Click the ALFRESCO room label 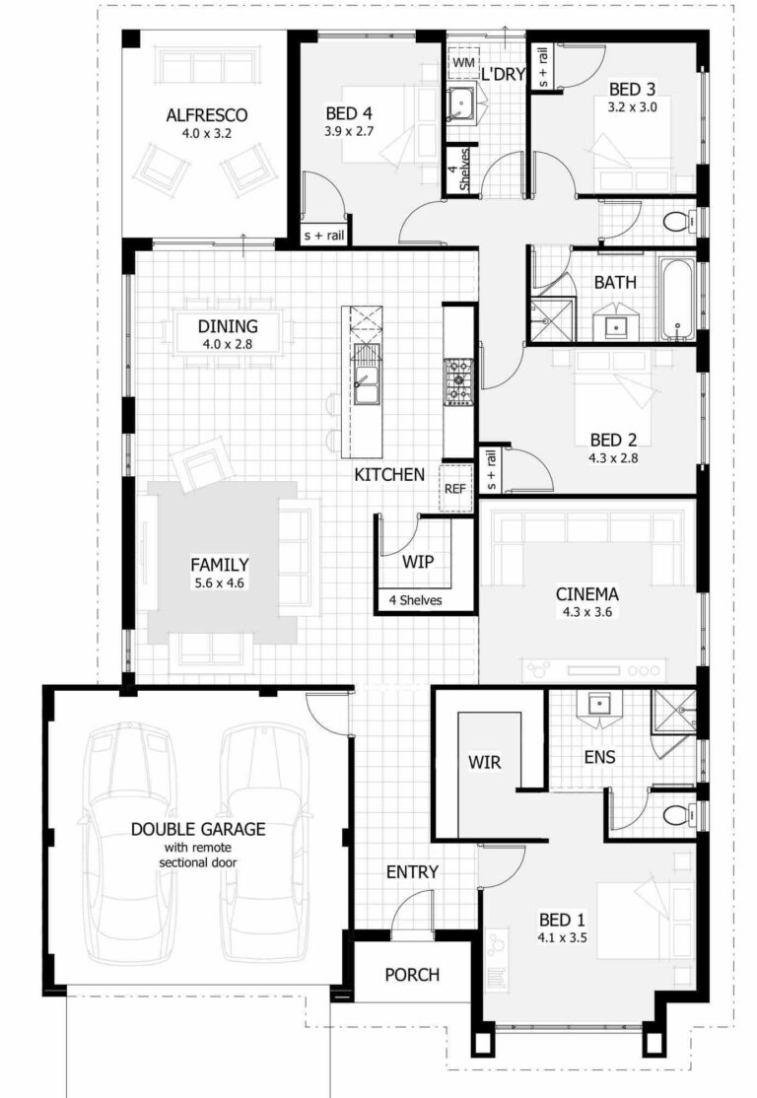tap(206, 115)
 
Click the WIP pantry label tap(418, 562)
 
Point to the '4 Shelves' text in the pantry tap(415, 599)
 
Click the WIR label tap(485, 762)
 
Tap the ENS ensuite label tap(599, 757)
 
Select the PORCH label tap(412, 975)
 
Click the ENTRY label tap(412, 872)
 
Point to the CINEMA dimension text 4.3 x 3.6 tap(586, 612)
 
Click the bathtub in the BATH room tap(676, 297)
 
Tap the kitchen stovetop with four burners tap(459, 380)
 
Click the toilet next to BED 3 tap(676, 221)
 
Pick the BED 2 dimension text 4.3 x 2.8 tap(620, 458)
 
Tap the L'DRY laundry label tap(501, 74)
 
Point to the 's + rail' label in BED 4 tap(323, 237)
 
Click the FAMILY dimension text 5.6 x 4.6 tap(219, 583)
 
